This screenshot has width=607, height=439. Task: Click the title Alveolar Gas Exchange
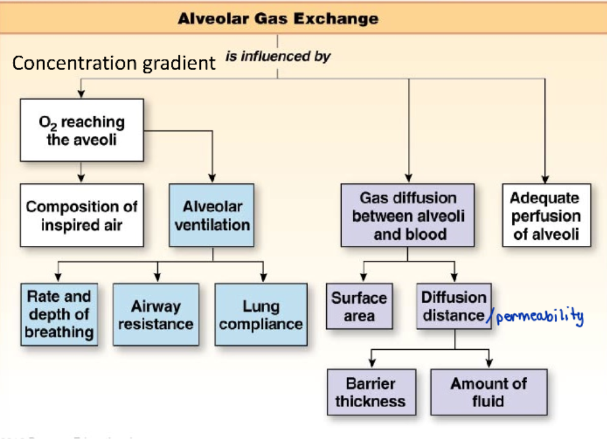pyautogui.click(x=278, y=18)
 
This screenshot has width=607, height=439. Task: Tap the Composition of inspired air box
pyautogui.click(x=82, y=215)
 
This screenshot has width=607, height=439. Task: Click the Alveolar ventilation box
pyautogui.click(x=212, y=215)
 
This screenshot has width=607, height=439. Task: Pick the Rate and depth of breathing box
pyautogui.click(x=59, y=314)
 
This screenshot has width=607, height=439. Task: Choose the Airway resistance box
pyautogui.click(x=155, y=314)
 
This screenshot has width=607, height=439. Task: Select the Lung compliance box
pyautogui.click(x=261, y=314)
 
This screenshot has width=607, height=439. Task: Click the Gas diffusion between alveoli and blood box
pyautogui.click(x=408, y=215)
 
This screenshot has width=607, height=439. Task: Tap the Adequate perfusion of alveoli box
pyautogui.click(x=546, y=215)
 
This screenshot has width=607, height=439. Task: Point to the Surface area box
pyautogui.click(x=359, y=306)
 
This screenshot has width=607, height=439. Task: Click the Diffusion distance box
pyautogui.click(x=454, y=306)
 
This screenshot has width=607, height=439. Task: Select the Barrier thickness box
pyautogui.click(x=370, y=392)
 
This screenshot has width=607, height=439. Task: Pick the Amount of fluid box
pyautogui.click(x=488, y=392)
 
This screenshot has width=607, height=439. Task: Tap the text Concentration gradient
pyautogui.click(x=114, y=63)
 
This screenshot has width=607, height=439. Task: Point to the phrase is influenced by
pyautogui.click(x=278, y=57)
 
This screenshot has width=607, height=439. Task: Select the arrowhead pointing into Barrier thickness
pyautogui.click(x=372, y=364)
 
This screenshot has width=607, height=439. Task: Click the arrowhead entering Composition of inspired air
pyautogui.click(x=81, y=179)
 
